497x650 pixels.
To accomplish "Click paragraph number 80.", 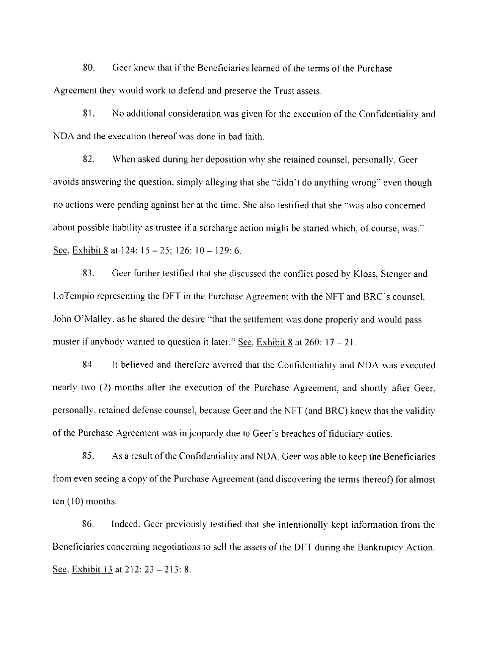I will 88,69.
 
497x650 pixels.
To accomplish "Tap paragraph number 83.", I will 88,274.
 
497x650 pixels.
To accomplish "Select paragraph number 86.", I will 88,525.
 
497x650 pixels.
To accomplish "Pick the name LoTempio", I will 74,297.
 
